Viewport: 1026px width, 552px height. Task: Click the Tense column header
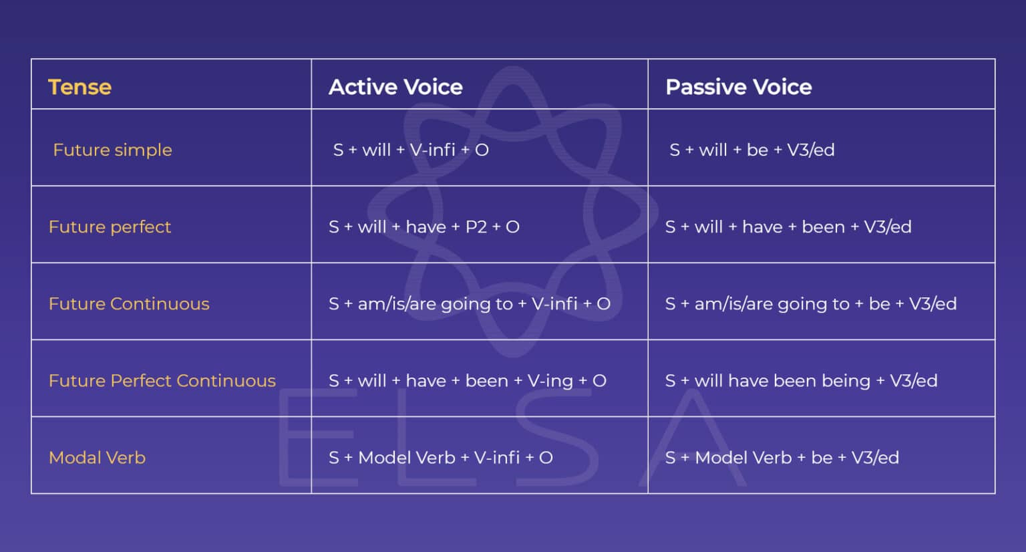79,87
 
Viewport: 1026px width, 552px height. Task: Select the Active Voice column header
395,87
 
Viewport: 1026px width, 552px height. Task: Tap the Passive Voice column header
738,87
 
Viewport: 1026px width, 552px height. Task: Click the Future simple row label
112,150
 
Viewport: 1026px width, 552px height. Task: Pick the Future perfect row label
110,227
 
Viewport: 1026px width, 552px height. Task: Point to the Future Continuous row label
129,304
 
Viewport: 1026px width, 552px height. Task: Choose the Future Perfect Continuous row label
162,381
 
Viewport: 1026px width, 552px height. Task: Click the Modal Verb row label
97,458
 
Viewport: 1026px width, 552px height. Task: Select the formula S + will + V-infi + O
411,150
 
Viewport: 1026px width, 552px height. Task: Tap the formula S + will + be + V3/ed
751,150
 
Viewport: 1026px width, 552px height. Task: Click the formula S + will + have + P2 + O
423,227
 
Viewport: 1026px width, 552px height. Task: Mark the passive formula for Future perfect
788,227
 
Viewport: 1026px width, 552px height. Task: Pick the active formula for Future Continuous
469,304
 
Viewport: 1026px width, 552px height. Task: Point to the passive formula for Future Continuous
810,304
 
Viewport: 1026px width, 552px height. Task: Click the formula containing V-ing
467,381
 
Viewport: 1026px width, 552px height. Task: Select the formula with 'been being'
801,381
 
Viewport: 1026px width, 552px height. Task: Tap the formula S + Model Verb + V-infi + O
440,458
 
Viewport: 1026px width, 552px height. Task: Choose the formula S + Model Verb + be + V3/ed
782,458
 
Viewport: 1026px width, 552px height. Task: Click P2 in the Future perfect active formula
476,227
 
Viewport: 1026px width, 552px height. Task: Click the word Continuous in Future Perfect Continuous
226,381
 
